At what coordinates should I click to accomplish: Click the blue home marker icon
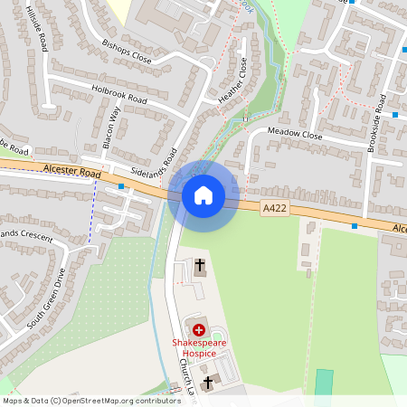(203, 194)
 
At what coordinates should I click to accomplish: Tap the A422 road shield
(275, 209)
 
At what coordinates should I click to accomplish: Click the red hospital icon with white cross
(199, 331)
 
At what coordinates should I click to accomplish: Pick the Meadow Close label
(296, 134)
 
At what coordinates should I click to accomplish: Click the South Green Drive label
(47, 296)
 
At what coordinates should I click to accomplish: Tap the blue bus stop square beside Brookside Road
(395, 115)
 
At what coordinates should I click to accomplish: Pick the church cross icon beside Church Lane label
(209, 383)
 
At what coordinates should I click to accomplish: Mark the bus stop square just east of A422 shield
(355, 226)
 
